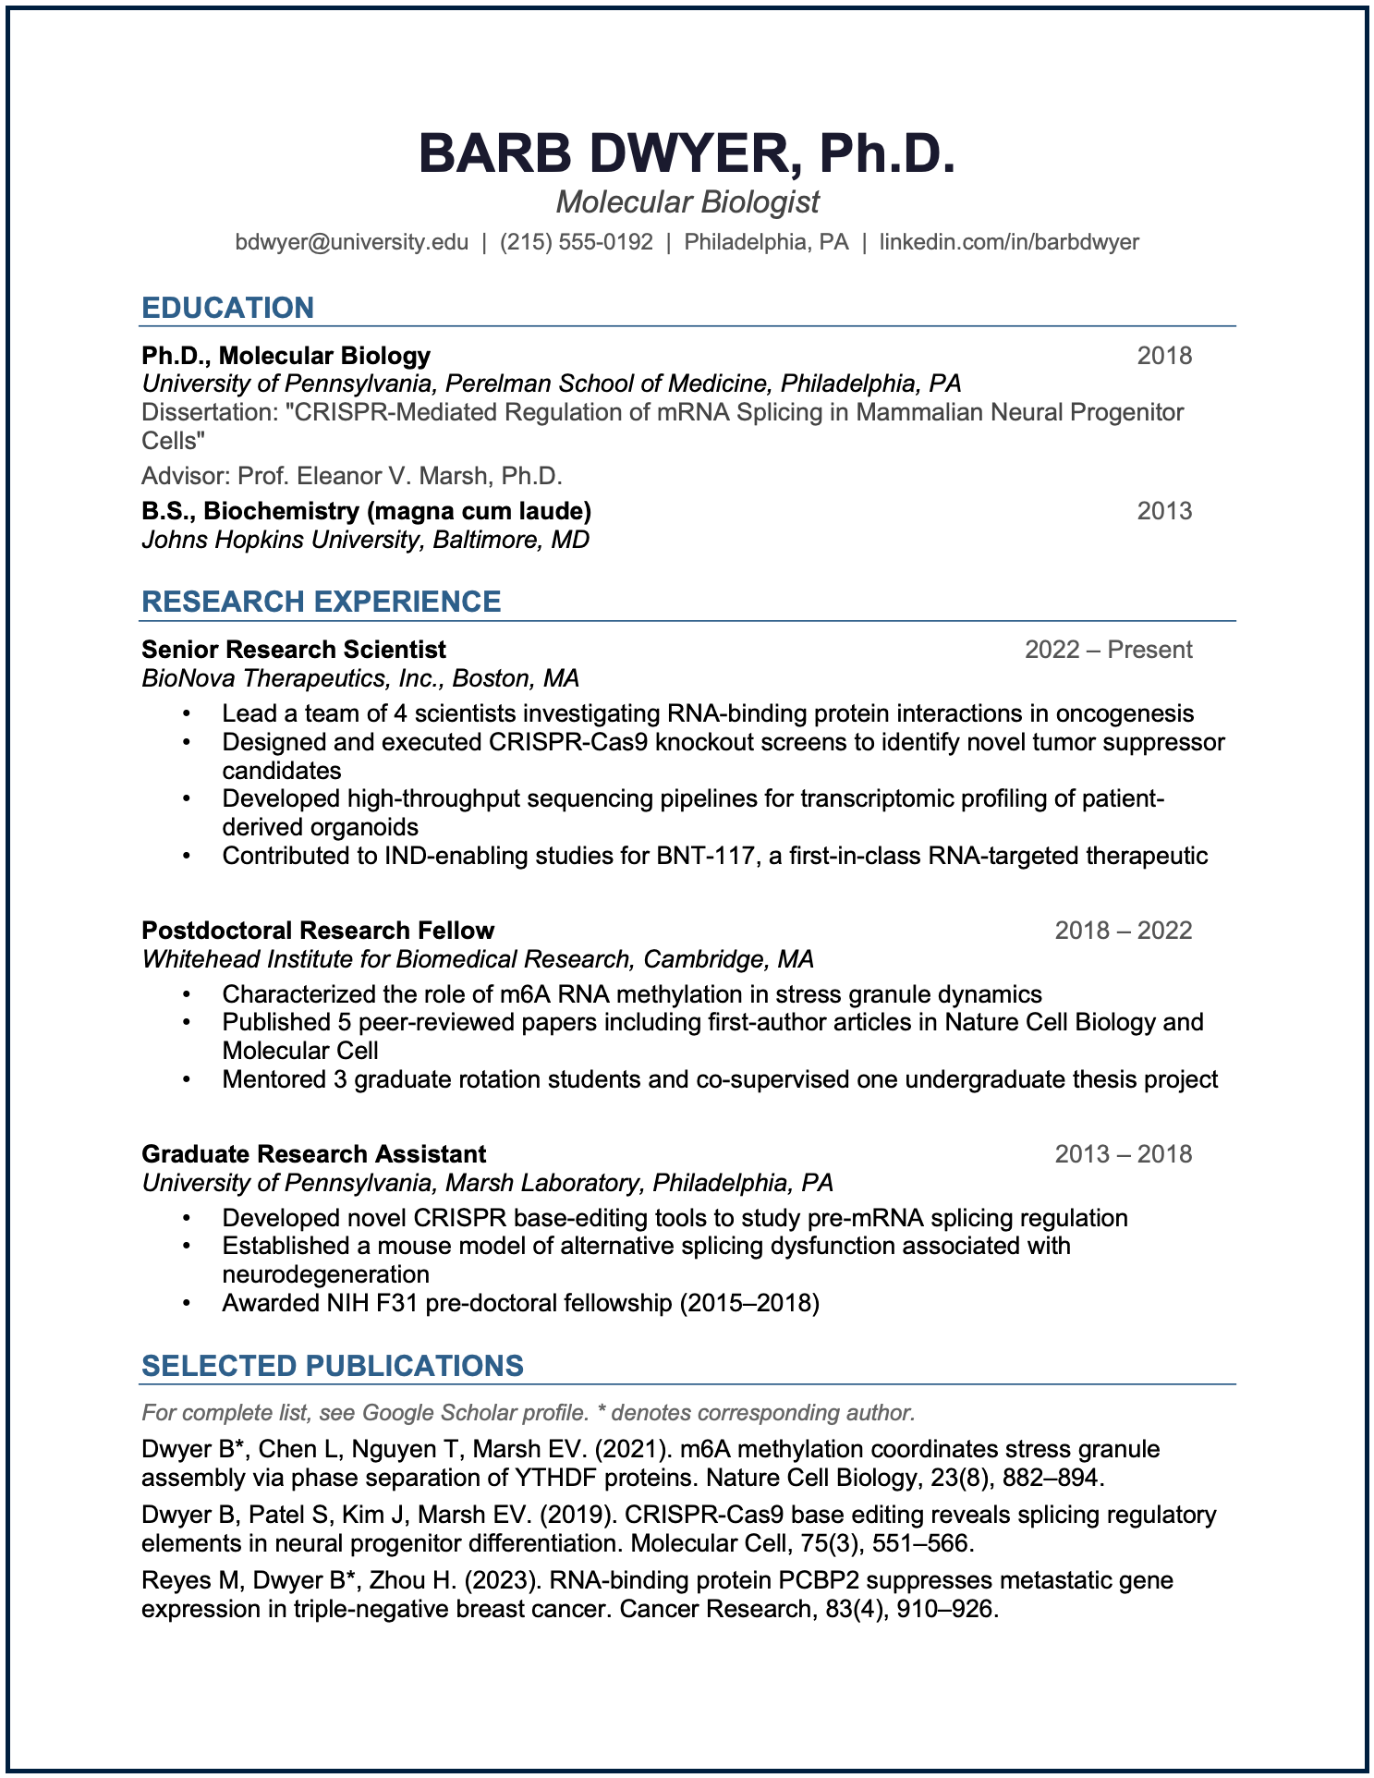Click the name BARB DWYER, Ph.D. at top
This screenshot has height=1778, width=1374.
pyautogui.click(x=687, y=153)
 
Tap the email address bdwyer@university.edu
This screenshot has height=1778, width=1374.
pyautogui.click(x=351, y=242)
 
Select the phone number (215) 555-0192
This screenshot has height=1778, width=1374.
pyautogui.click(x=577, y=242)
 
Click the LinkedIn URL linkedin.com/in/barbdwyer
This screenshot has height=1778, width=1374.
pyautogui.click(x=1009, y=242)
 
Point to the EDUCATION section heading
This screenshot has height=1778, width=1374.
pyautogui.click(x=227, y=308)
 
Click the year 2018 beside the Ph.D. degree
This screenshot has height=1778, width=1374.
pyautogui.click(x=1164, y=356)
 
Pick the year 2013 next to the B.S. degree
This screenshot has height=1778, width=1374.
pyautogui.click(x=1164, y=511)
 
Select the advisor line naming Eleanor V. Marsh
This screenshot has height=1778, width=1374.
pyautogui.click(x=352, y=476)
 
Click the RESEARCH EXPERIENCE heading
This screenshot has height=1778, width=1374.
pyautogui.click(x=321, y=602)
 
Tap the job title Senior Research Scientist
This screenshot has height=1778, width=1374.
pyautogui.click(x=294, y=650)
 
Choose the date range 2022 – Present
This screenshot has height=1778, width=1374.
pyautogui.click(x=1108, y=650)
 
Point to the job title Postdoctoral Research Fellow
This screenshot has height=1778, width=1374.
pyautogui.click(x=318, y=931)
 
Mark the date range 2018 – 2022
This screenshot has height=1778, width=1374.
pyautogui.click(x=1124, y=931)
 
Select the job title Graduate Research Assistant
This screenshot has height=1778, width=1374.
pyautogui.click(x=313, y=1154)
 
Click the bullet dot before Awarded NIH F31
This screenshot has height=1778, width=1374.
pyautogui.click(x=187, y=1304)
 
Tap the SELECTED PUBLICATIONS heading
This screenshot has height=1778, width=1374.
pyautogui.click(x=333, y=1366)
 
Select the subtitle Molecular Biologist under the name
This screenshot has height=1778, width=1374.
pyautogui.click(x=687, y=202)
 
